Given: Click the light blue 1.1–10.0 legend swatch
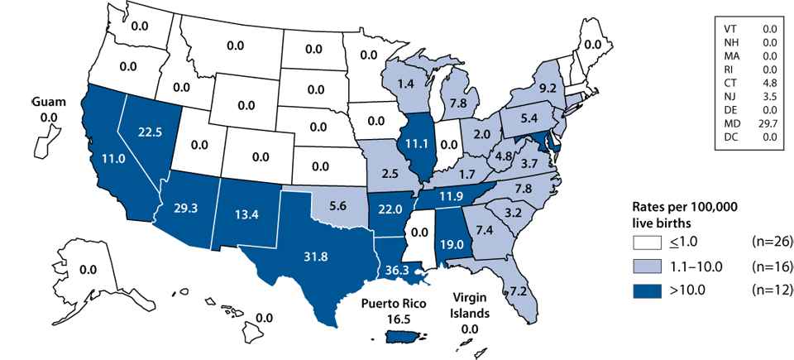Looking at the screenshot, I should [651, 266].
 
